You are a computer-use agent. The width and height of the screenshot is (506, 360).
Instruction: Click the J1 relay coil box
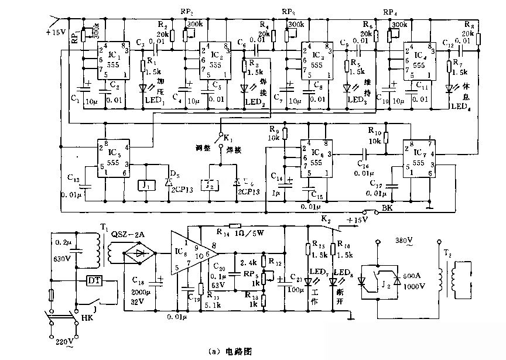pyautogui.click(x=146, y=186)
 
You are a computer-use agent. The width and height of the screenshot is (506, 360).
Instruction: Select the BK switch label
pyautogui.click(x=388, y=208)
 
